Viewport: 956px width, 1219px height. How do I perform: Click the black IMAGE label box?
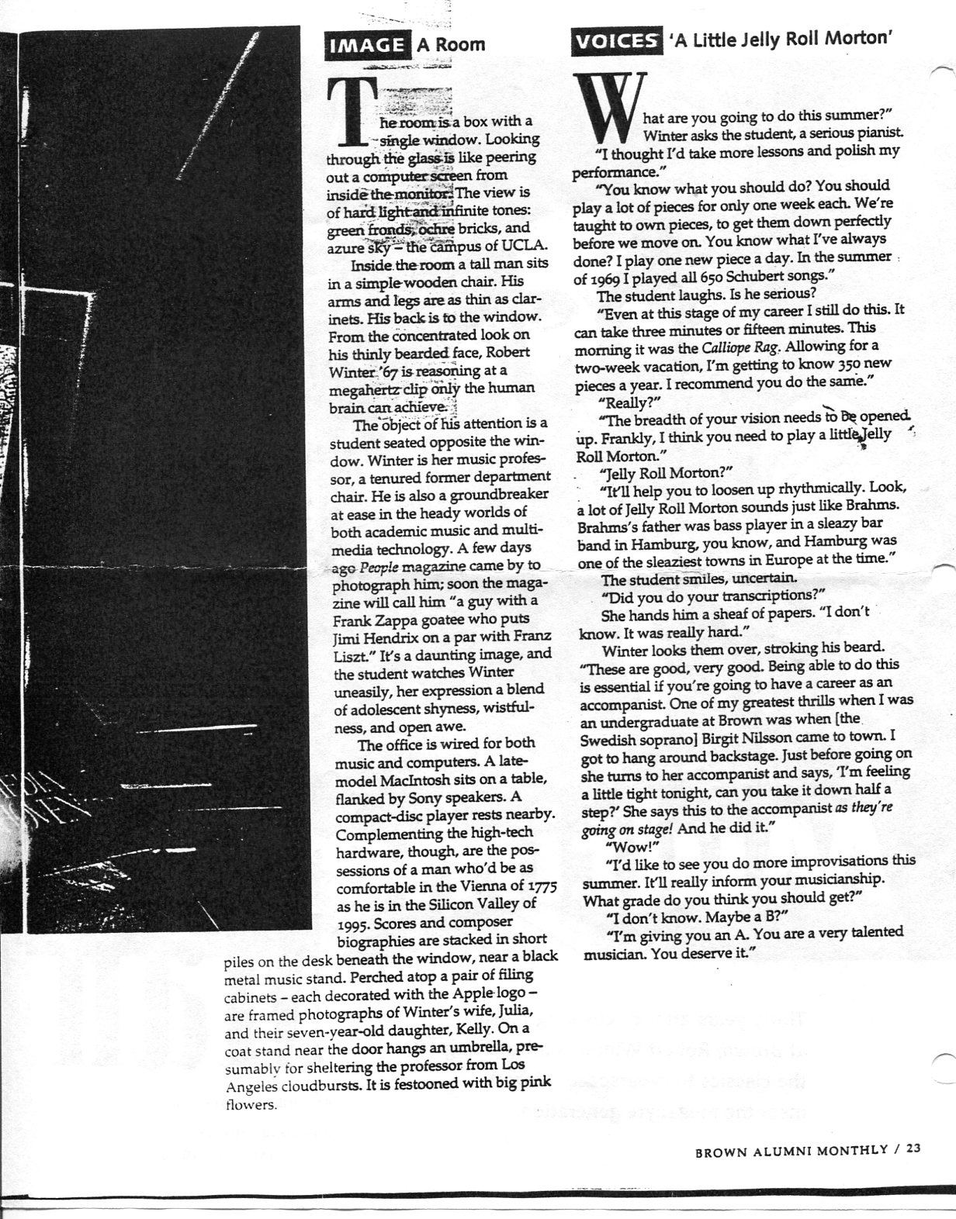click(367, 45)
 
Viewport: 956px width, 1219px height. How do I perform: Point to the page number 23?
click(912, 1150)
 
